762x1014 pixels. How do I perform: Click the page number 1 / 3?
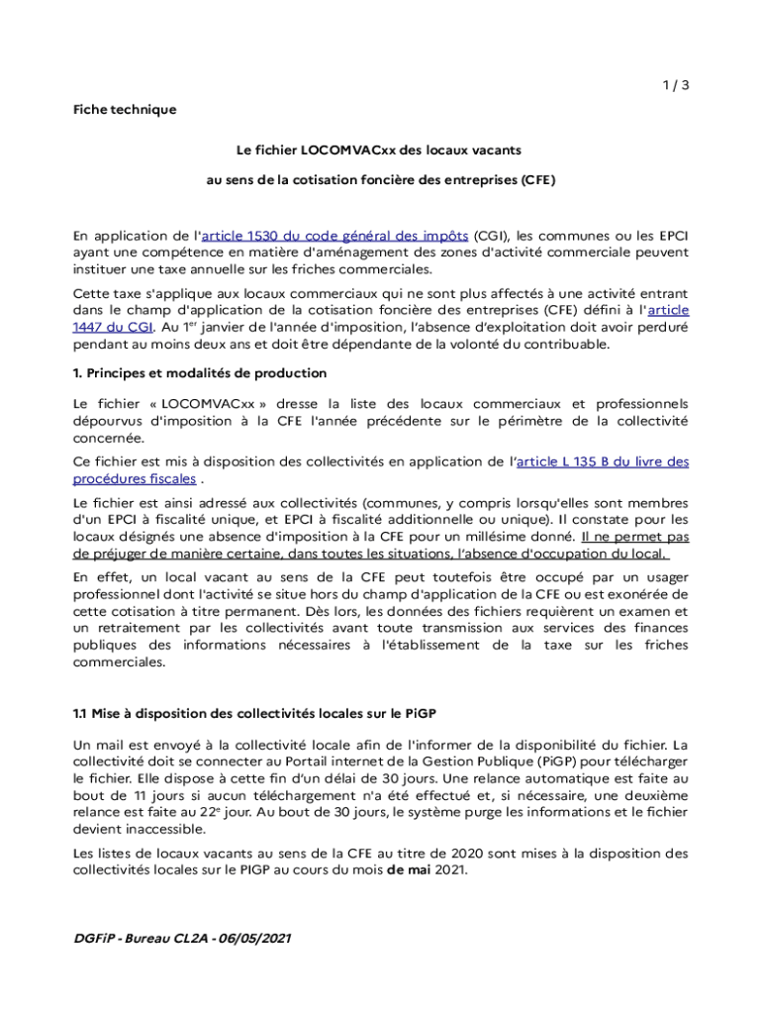pos(675,85)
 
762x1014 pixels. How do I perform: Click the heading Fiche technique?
pos(125,110)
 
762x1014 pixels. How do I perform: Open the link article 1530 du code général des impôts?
pos(334,236)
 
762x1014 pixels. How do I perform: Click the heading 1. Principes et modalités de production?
pos(200,373)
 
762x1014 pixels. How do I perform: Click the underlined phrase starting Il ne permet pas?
pos(635,537)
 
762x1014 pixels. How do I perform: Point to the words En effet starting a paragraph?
pos(101,577)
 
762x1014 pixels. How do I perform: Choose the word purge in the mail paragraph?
pos(525,813)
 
